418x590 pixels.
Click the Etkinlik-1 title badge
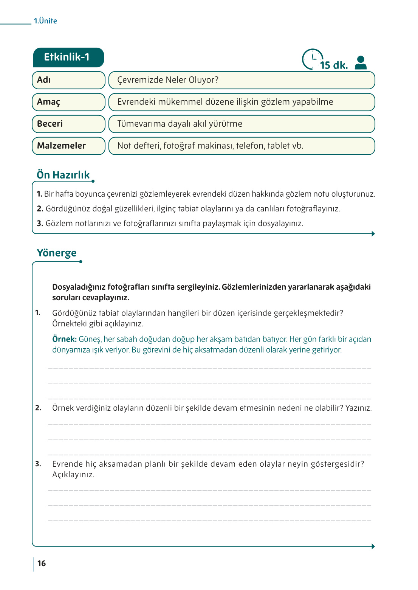68,57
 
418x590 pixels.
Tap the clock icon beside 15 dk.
312,59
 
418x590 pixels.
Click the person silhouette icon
361,63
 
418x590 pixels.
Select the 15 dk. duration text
334,65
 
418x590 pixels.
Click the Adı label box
68,80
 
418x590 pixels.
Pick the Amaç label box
68,102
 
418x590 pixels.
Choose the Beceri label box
68,124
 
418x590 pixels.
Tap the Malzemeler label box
68,146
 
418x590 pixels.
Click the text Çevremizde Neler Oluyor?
168,80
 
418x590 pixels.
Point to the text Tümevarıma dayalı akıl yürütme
180,124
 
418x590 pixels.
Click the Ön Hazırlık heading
63,175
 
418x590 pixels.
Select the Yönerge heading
57,253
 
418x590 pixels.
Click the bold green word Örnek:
64,339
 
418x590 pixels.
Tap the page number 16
42,564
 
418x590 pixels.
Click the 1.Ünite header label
45,21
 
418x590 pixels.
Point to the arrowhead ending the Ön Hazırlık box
373,234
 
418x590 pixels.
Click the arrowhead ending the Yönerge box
373,547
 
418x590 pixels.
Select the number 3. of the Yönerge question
38,464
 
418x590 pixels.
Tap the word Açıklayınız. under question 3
73,475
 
